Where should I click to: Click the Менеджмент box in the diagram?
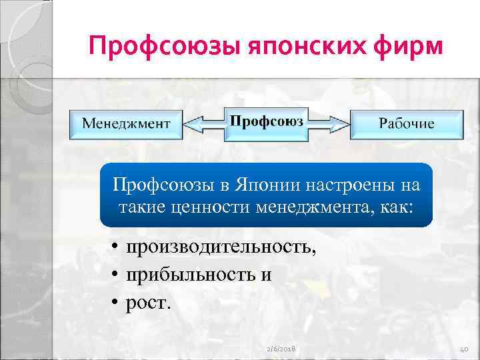126,123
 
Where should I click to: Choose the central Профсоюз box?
267,122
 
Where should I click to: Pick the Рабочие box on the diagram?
406,123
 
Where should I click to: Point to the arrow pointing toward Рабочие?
330,125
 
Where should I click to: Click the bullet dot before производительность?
115,248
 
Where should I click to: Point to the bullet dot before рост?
115,303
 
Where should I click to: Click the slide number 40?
464,349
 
